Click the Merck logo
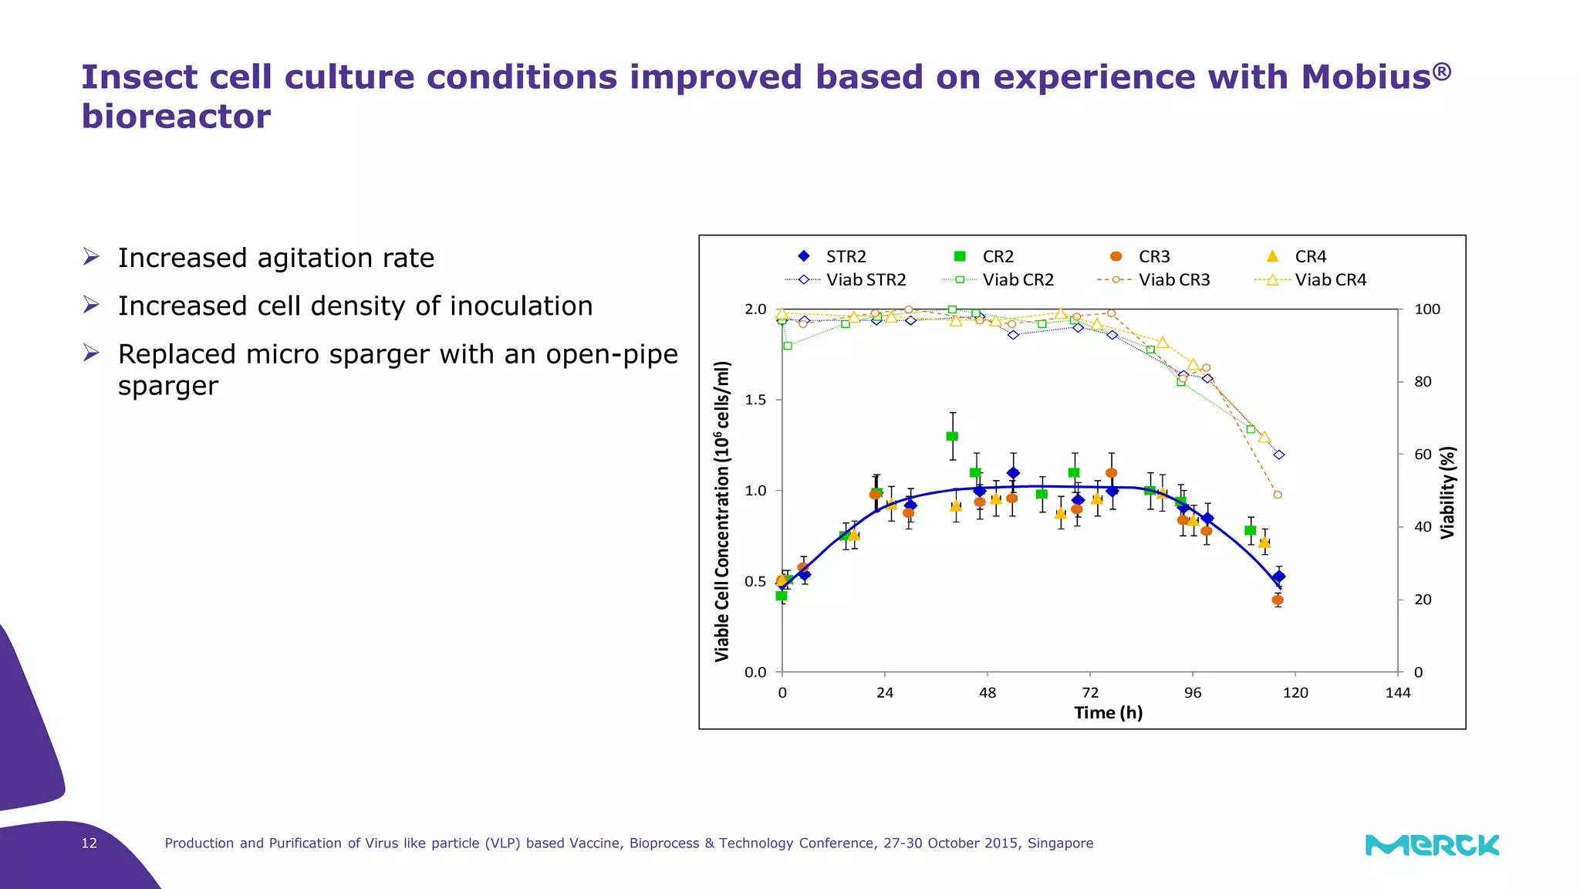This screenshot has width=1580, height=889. point(1432,845)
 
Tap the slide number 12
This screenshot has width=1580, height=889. point(89,843)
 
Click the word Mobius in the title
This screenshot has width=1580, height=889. point(1366,77)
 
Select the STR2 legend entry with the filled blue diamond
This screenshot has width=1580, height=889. point(832,256)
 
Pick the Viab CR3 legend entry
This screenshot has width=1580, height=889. point(1154,280)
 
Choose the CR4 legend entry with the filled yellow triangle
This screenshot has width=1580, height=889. point(1296,256)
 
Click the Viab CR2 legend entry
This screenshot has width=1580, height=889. point(998,280)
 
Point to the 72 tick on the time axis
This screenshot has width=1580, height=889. point(1090,692)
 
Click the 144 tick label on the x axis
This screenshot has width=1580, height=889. point(1397,692)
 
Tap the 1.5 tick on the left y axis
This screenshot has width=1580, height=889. point(755,400)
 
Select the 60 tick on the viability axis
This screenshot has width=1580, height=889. point(1423,455)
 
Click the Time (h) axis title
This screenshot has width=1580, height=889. point(1108,712)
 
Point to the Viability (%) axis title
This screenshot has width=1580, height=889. point(1448,492)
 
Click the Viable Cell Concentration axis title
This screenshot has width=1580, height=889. point(722,511)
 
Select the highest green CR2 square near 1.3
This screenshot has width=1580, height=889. point(952,436)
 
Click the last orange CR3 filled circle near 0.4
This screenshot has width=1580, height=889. point(1278,600)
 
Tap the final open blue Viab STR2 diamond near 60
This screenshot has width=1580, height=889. point(1279,455)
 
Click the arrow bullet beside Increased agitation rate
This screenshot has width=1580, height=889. point(91,257)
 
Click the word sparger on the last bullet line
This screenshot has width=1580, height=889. point(168,385)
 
